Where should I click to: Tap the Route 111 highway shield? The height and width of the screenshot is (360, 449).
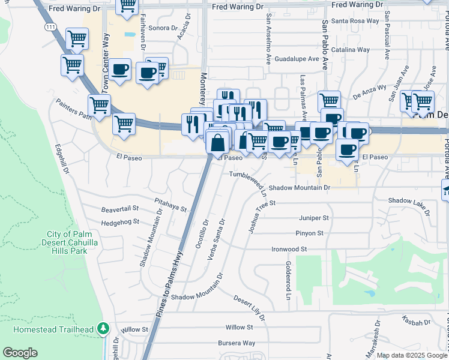(51, 28)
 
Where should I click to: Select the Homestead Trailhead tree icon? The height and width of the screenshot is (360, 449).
(104, 328)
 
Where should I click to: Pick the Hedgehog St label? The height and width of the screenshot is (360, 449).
(120, 221)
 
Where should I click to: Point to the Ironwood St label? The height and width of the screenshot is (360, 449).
(289, 248)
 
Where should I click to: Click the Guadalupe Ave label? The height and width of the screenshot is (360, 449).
(297, 59)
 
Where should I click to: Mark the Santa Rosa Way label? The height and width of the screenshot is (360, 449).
(359, 20)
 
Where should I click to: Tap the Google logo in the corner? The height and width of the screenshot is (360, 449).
(20, 353)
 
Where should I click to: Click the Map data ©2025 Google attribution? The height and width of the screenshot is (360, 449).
(411, 355)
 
